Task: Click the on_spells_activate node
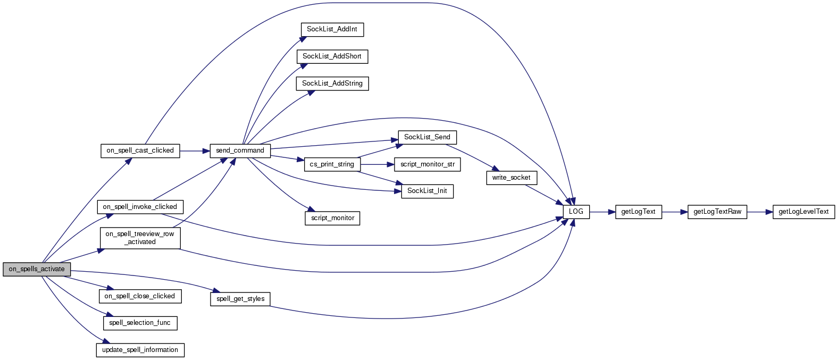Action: click(x=37, y=269)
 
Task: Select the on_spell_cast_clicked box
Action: click(x=140, y=150)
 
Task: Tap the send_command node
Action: click(x=240, y=150)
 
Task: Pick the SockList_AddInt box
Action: click(x=332, y=29)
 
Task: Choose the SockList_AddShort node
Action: click(x=332, y=56)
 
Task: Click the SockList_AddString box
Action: click(x=332, y=83)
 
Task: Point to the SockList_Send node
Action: click(x=427, y=137)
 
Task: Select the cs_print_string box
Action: click(x=332, y=164)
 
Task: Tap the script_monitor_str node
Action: click(x=427, y=164)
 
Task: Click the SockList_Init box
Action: click(x=427, y=191)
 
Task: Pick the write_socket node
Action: click(x=511, y=178)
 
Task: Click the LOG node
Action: click(x=576, y=212)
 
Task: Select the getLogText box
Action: click(x=638, y=212)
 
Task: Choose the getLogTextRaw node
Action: click(x=717, y=212)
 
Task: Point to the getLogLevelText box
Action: click(x=803, y=212)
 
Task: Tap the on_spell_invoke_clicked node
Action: click(x=140, y=207)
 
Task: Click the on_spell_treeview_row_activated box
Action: click(x=140, y=238)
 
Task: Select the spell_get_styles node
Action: click(x=240, y=299)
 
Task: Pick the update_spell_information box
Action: click(x=140, y=350)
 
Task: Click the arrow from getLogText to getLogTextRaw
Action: click(x=675, y=212)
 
